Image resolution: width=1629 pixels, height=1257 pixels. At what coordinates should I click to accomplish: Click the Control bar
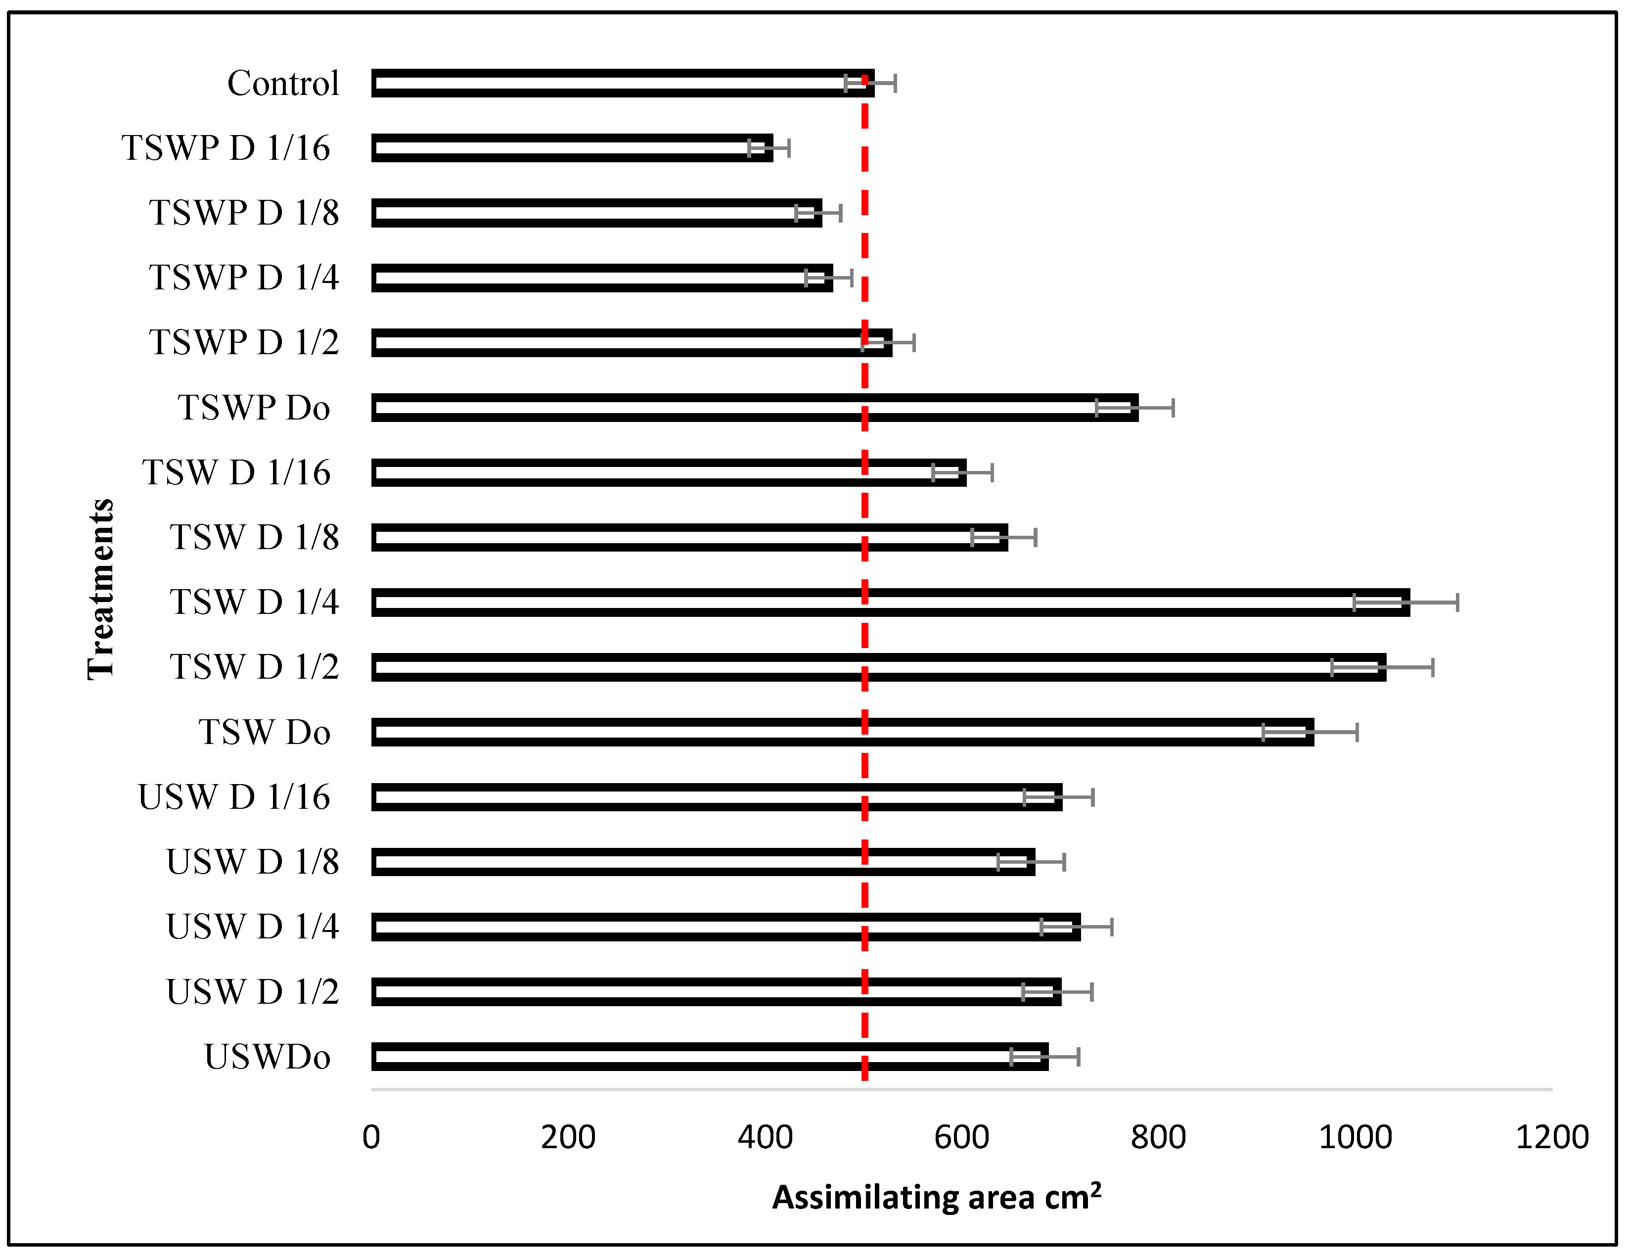(623, 84)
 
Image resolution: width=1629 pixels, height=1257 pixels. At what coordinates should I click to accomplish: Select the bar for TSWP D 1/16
(572, 148)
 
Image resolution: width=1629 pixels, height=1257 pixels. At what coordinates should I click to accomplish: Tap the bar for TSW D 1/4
(891, 603)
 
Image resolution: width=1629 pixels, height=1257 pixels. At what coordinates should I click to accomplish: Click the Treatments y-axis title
(101, 589)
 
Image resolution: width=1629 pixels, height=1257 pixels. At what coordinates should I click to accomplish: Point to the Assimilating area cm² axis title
(936, 1197)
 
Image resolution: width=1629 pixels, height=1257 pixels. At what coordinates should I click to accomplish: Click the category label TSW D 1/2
(254, 667)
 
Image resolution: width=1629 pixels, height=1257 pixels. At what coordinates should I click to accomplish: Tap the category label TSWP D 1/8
(244, 213)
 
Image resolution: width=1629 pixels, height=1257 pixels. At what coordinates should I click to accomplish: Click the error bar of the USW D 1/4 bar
(1076, 927)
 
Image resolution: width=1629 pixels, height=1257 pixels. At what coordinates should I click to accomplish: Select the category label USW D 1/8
(252, 862)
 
